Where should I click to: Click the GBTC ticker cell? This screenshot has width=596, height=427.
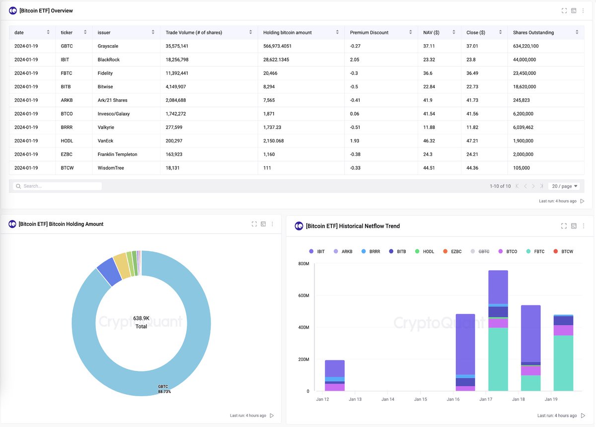coord(67,46)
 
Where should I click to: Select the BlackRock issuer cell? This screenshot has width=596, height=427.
coord(109,60)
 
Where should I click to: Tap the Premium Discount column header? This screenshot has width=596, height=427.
coord(369,33)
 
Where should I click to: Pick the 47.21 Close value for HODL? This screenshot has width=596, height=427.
coord(473,141)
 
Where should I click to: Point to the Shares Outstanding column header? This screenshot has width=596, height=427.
coord(533,33)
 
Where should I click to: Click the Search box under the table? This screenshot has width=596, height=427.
coord(60,186)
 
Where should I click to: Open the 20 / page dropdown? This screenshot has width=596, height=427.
coord(565,186)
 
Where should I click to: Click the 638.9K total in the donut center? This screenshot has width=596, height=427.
coord(141,318)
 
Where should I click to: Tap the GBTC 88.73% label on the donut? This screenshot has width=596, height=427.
coord(164,389)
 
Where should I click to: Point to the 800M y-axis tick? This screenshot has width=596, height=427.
coord(303,264)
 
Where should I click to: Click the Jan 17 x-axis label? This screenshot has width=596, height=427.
coord(485,399)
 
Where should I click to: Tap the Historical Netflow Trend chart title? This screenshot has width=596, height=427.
coord(353,226)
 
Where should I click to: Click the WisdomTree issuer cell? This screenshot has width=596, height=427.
coord(111,168)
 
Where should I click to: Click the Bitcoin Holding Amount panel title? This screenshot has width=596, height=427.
coord(61,224)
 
